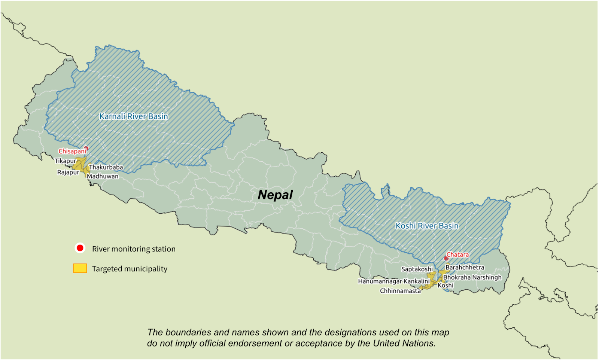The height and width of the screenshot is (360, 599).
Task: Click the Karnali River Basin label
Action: pyautogui.click(x=134, y=116)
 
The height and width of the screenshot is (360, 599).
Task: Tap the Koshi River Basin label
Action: pyautogui.click(x=427, y=226)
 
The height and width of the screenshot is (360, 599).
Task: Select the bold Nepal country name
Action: pyautogui.click(x=275, y=195)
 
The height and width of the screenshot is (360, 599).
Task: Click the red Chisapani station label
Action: pyautogui.click(x=72, y=151)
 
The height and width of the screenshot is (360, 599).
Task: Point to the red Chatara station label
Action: pyautogui.click(x=457, y=254)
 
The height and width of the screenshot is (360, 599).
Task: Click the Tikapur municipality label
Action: pyautogui.click(x=65, y=161)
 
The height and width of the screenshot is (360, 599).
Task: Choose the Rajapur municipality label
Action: pyautogui.click(x=68, y=172)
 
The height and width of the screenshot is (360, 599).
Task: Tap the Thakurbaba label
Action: pyautogui.click(x=106, y=167)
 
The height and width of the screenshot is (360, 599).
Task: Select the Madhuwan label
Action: pyautogui.click(x=103, y=176)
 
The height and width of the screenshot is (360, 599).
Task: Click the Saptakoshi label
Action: pyautogui.click(x=417, y=269)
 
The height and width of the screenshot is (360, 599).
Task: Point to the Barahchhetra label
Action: pyautogui.click(x=465, y=267)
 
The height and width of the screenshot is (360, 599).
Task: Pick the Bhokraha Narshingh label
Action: pyautogui.click(x=472, y=277)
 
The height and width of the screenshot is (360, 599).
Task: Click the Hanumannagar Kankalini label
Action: pyautogui.click(x=394, y=281)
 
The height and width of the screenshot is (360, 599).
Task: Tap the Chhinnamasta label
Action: pyautogui.click(x=400, y=291)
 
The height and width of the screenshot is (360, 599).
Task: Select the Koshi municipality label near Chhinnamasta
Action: pyautogui.click(x=446, y=285)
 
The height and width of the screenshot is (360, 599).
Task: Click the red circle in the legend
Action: pyautogui.click(x=80, y=248)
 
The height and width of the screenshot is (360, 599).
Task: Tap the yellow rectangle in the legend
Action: pyautogui.click(x=80, y=268)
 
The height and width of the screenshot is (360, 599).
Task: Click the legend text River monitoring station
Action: pyautogui.click(x=134, y=249)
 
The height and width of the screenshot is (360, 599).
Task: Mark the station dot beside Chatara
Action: pyautogui.click(x=446, y=259)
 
